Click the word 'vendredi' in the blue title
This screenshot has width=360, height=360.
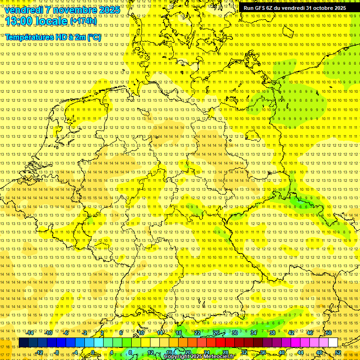[23, 10]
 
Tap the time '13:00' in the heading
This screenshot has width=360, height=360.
[19, 21]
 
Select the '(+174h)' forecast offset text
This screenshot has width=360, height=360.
[83, 21]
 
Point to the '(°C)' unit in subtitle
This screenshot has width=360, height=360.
[94, 37]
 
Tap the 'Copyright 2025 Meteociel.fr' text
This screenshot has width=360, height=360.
[199, 356]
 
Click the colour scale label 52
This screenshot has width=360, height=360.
[338, 352]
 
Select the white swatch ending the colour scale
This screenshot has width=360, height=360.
[333, 343]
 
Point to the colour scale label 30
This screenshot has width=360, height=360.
[235, 333]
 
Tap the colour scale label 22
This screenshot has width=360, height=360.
[197, 333]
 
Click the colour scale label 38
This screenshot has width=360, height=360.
[272, 333]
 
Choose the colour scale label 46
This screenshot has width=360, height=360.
[310, 333]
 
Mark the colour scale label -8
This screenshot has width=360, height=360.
[57, 352]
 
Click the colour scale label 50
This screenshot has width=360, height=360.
[329, 333]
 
